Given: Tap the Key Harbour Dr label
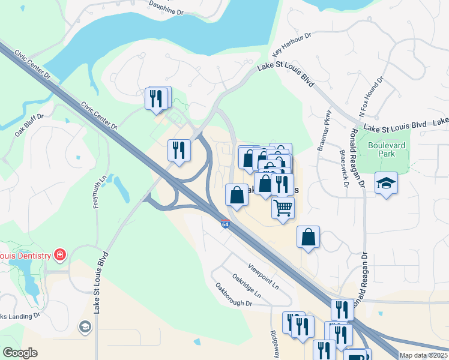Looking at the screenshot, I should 292,46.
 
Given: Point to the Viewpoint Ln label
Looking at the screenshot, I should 264,275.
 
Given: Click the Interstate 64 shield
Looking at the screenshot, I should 224,224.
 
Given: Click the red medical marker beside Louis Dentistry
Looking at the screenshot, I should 59,256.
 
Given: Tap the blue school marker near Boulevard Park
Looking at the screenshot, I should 386,182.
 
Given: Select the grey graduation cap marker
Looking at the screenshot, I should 85,326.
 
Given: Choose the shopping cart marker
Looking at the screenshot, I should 283,208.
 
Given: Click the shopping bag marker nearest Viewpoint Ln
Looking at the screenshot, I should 308,236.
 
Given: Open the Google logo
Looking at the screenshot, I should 20,353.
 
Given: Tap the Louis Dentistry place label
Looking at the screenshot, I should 25,256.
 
